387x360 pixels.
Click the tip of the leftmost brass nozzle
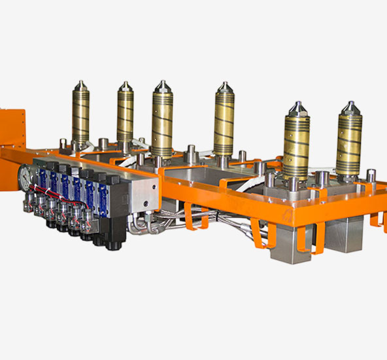[80, 84]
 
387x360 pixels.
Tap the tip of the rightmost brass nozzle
[350, 104]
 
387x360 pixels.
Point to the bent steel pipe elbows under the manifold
[141, 225]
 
